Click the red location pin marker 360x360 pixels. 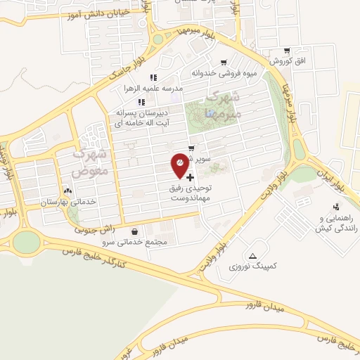180,165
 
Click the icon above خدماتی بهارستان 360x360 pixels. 67,191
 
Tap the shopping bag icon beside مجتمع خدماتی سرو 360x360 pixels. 134,231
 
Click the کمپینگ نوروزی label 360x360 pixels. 253,267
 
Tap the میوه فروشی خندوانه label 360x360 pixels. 222,72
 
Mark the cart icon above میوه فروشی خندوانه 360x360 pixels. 224,62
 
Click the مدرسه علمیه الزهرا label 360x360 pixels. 153,89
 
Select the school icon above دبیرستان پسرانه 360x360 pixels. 141,102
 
